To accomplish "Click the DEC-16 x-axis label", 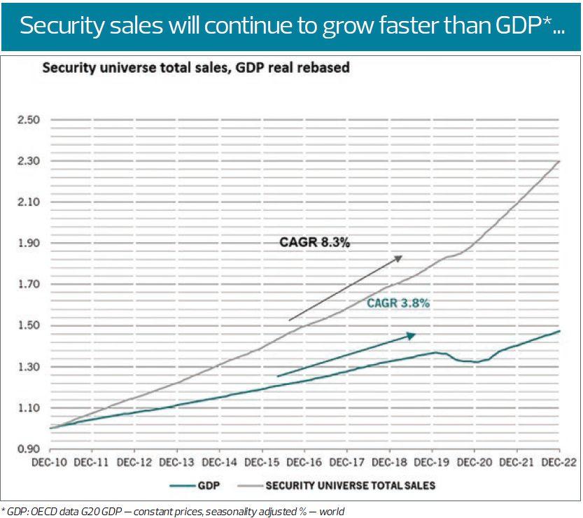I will point(304,463).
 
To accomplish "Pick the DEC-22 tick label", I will point(558,463).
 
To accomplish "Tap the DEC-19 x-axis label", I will point(432,463).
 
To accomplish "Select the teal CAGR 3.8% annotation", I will point(398,304).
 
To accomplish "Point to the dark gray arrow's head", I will point(400,258).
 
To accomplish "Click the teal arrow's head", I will point(413,335).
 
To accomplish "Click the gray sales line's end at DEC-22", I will point(559,161).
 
